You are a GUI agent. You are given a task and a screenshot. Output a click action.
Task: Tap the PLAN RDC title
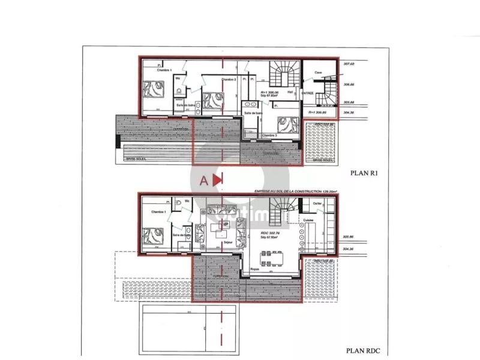[x=363, y=351]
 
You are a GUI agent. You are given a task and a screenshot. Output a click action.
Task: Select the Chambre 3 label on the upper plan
[x=270, y=136]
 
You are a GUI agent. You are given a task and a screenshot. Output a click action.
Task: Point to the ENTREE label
[x=307, y=93]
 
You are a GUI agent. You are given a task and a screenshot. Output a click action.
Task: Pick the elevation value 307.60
[x=349, y=64]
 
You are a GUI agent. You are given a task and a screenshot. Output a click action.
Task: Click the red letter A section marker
[x=204, y=179]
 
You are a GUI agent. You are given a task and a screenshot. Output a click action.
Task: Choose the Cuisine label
[x=309, y=221]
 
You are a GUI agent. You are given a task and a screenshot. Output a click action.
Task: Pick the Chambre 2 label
[x=229, y=79]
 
